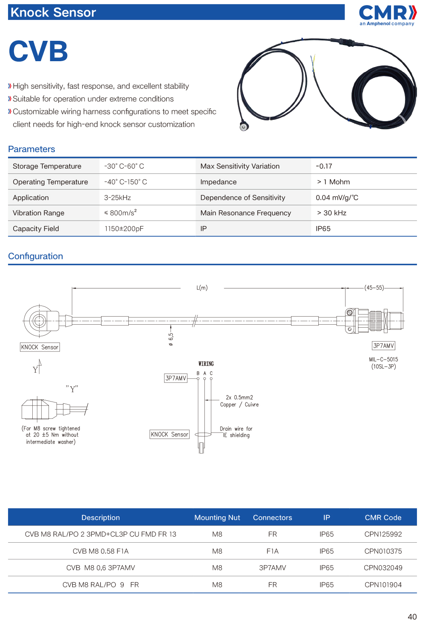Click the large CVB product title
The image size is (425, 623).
(x=38, y=51)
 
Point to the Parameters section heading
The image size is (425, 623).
(x=31, y=149)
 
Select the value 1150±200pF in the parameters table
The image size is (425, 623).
(x=124, y=229)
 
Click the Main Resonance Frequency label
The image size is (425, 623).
(x=246, y=213)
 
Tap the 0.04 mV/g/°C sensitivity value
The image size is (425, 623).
(x=337, y=198)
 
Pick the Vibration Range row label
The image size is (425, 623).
(x=39, y=213)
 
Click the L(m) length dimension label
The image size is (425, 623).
(x=202, y=288)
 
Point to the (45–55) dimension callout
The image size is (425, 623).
(x=374, y=288)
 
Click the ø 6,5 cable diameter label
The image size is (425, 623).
(x=171, y=339)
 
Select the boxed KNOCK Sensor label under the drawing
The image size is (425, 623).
(x=40, y=347)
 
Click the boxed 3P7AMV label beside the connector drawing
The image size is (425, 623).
(x=383, y=346)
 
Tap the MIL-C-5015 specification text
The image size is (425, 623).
(x=383, y=360)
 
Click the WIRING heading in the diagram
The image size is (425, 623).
(x=206, y=364)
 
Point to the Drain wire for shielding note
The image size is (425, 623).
(x=236, y=432)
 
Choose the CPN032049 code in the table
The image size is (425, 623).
(x=383, y=568)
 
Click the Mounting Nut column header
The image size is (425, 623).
(x=217, y=518)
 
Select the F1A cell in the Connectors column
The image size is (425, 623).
(x=272, y=551)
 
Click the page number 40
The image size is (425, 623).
(x=412, y=617)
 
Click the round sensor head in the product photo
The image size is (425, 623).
(x=244, y=127)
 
